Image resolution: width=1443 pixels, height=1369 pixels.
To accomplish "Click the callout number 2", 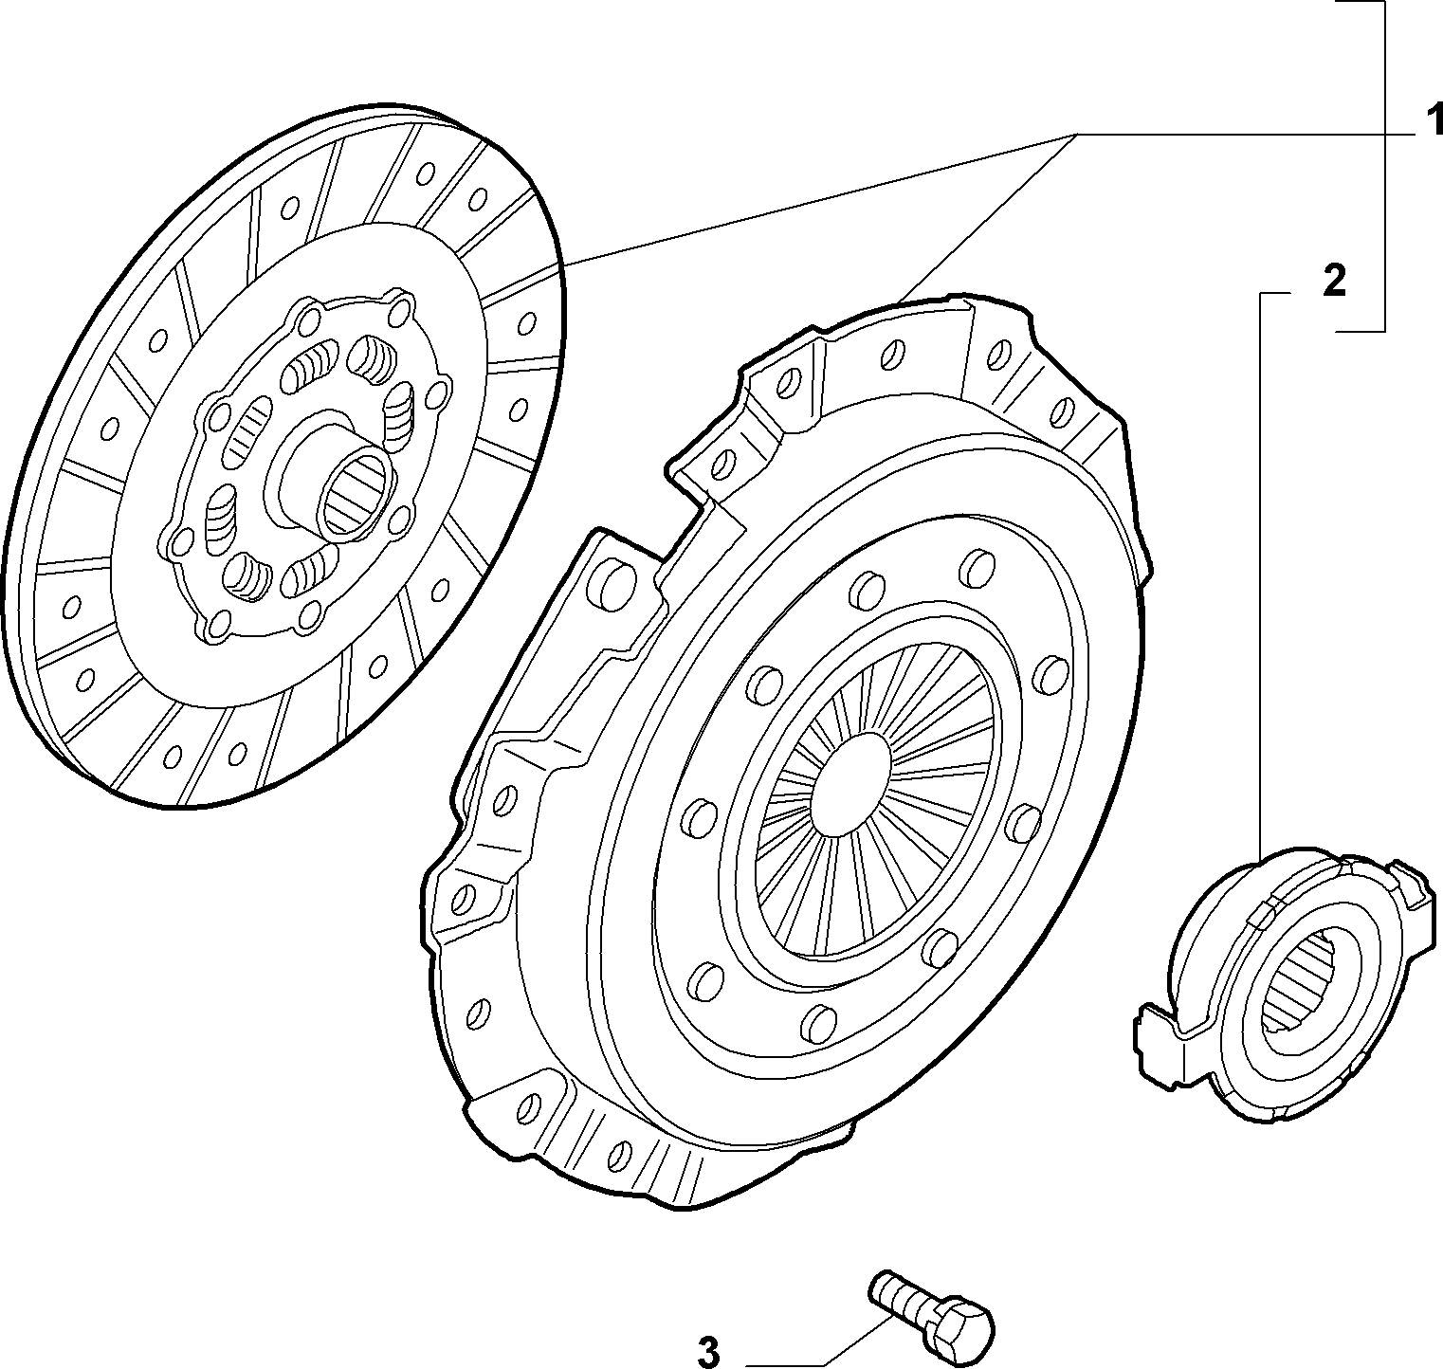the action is point(1333,281).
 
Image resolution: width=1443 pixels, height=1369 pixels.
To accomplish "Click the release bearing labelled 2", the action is point(1288,986).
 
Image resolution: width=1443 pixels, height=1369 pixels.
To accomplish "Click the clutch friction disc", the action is point(284,455).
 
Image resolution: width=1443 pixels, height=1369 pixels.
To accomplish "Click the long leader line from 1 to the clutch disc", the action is point(819,199).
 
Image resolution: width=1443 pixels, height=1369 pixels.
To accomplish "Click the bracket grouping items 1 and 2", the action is point(1383,166).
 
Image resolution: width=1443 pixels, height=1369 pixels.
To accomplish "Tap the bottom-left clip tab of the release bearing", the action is point(1157,1043).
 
